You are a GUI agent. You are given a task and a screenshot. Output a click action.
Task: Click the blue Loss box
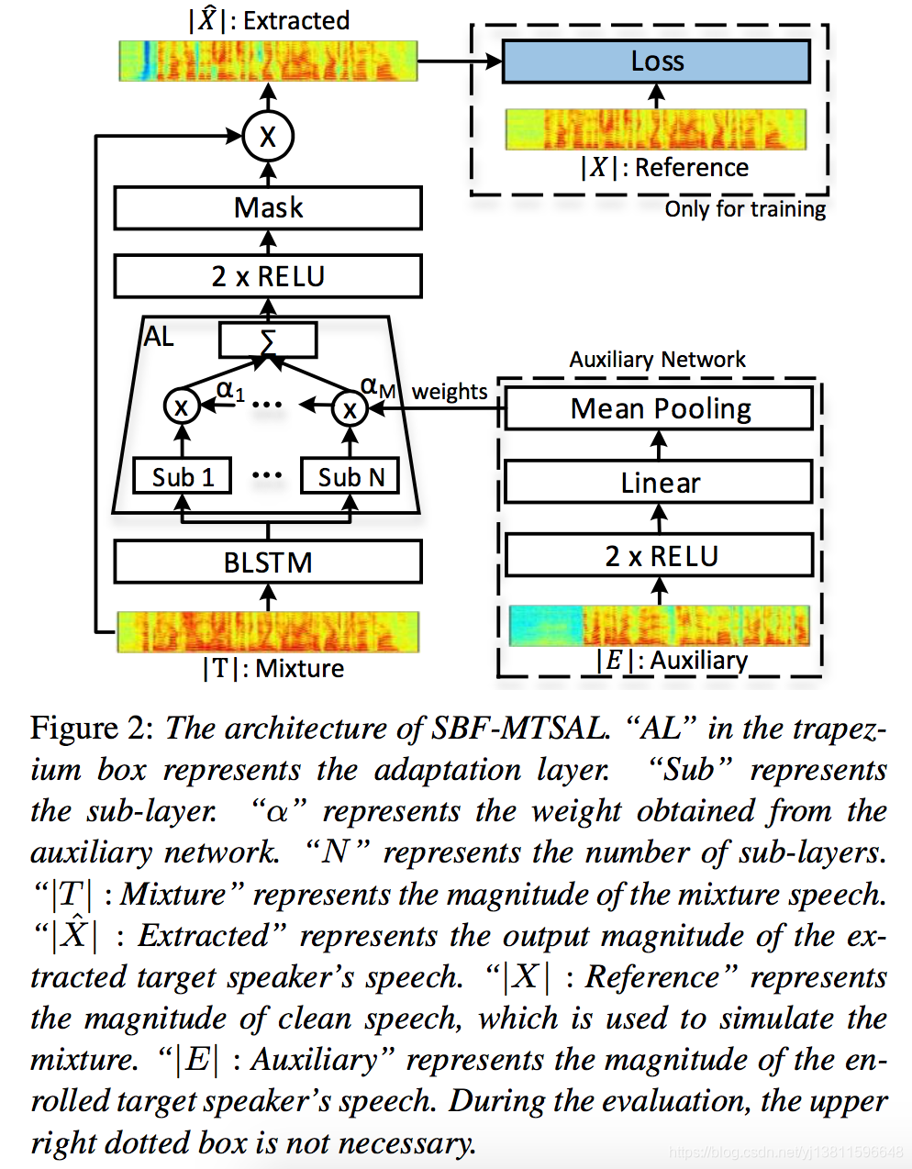(x=656, y=61)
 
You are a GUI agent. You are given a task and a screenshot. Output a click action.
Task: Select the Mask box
(x=268, y=208)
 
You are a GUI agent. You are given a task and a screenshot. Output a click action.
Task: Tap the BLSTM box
(x=268, y=562)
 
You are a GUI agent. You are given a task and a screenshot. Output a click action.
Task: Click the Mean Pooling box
(x=659, y=408)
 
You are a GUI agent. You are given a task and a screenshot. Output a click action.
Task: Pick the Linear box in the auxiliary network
(x=659, y=483)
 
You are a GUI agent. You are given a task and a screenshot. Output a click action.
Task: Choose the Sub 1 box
(x=182, y=477)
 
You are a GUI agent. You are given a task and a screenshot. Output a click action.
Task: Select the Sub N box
(x=350, y=477)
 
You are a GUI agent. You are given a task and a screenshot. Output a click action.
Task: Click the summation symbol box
(x=268, y=340)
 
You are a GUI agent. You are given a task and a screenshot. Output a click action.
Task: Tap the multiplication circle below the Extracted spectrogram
(x=268, y=137)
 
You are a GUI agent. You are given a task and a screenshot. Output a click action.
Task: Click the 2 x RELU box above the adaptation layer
(x=268, y=276)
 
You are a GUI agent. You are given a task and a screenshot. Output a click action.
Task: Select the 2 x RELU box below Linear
(x=659, y=556)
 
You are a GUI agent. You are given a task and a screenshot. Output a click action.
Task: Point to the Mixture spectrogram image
(x=268, y=631)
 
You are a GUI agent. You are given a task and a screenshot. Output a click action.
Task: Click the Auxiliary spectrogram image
(x=659, y=626)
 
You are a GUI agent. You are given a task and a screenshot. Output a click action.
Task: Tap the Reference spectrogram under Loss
(x=656, y=129)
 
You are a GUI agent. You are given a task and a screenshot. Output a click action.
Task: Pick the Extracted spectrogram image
(x=268, y=61)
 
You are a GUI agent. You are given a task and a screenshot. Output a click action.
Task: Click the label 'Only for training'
(x=745, y=209)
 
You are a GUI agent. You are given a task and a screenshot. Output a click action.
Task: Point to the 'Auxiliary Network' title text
(x=657, y=360)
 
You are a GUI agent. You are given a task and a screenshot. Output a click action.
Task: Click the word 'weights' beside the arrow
(x=450, y=392)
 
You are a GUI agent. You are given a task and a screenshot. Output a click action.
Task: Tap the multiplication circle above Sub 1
(x=181, y=406)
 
